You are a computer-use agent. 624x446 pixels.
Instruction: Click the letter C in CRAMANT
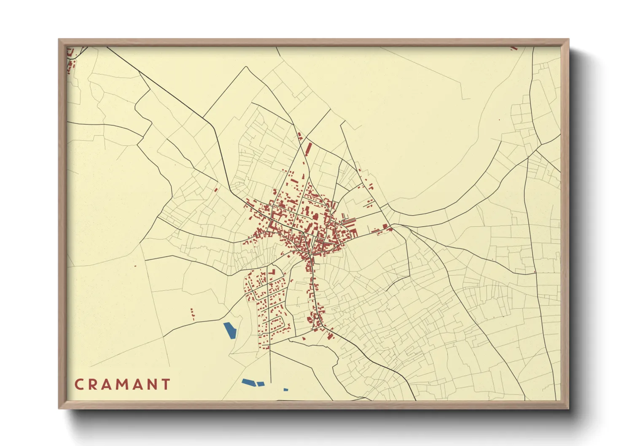point(79,384)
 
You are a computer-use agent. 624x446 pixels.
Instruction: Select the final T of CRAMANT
point(167,384)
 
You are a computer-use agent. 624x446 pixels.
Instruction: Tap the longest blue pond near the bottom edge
point(249,382)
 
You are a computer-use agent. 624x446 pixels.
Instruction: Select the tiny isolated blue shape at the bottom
point(285,390)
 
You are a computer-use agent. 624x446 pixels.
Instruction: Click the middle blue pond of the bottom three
point(261,384)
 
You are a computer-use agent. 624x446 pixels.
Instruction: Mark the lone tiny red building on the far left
point(135,266)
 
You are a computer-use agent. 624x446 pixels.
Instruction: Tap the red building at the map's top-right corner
point(514,48)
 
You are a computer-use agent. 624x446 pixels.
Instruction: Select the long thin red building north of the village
point(309,148)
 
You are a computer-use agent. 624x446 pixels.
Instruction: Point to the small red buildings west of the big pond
point(193,314)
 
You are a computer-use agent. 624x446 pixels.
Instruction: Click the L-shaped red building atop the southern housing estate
point(272,271)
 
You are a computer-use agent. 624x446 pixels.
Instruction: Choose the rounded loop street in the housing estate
point(277,324)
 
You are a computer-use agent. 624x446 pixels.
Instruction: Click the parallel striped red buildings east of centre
point(349,220)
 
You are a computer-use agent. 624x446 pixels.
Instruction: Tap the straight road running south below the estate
point(270,371)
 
